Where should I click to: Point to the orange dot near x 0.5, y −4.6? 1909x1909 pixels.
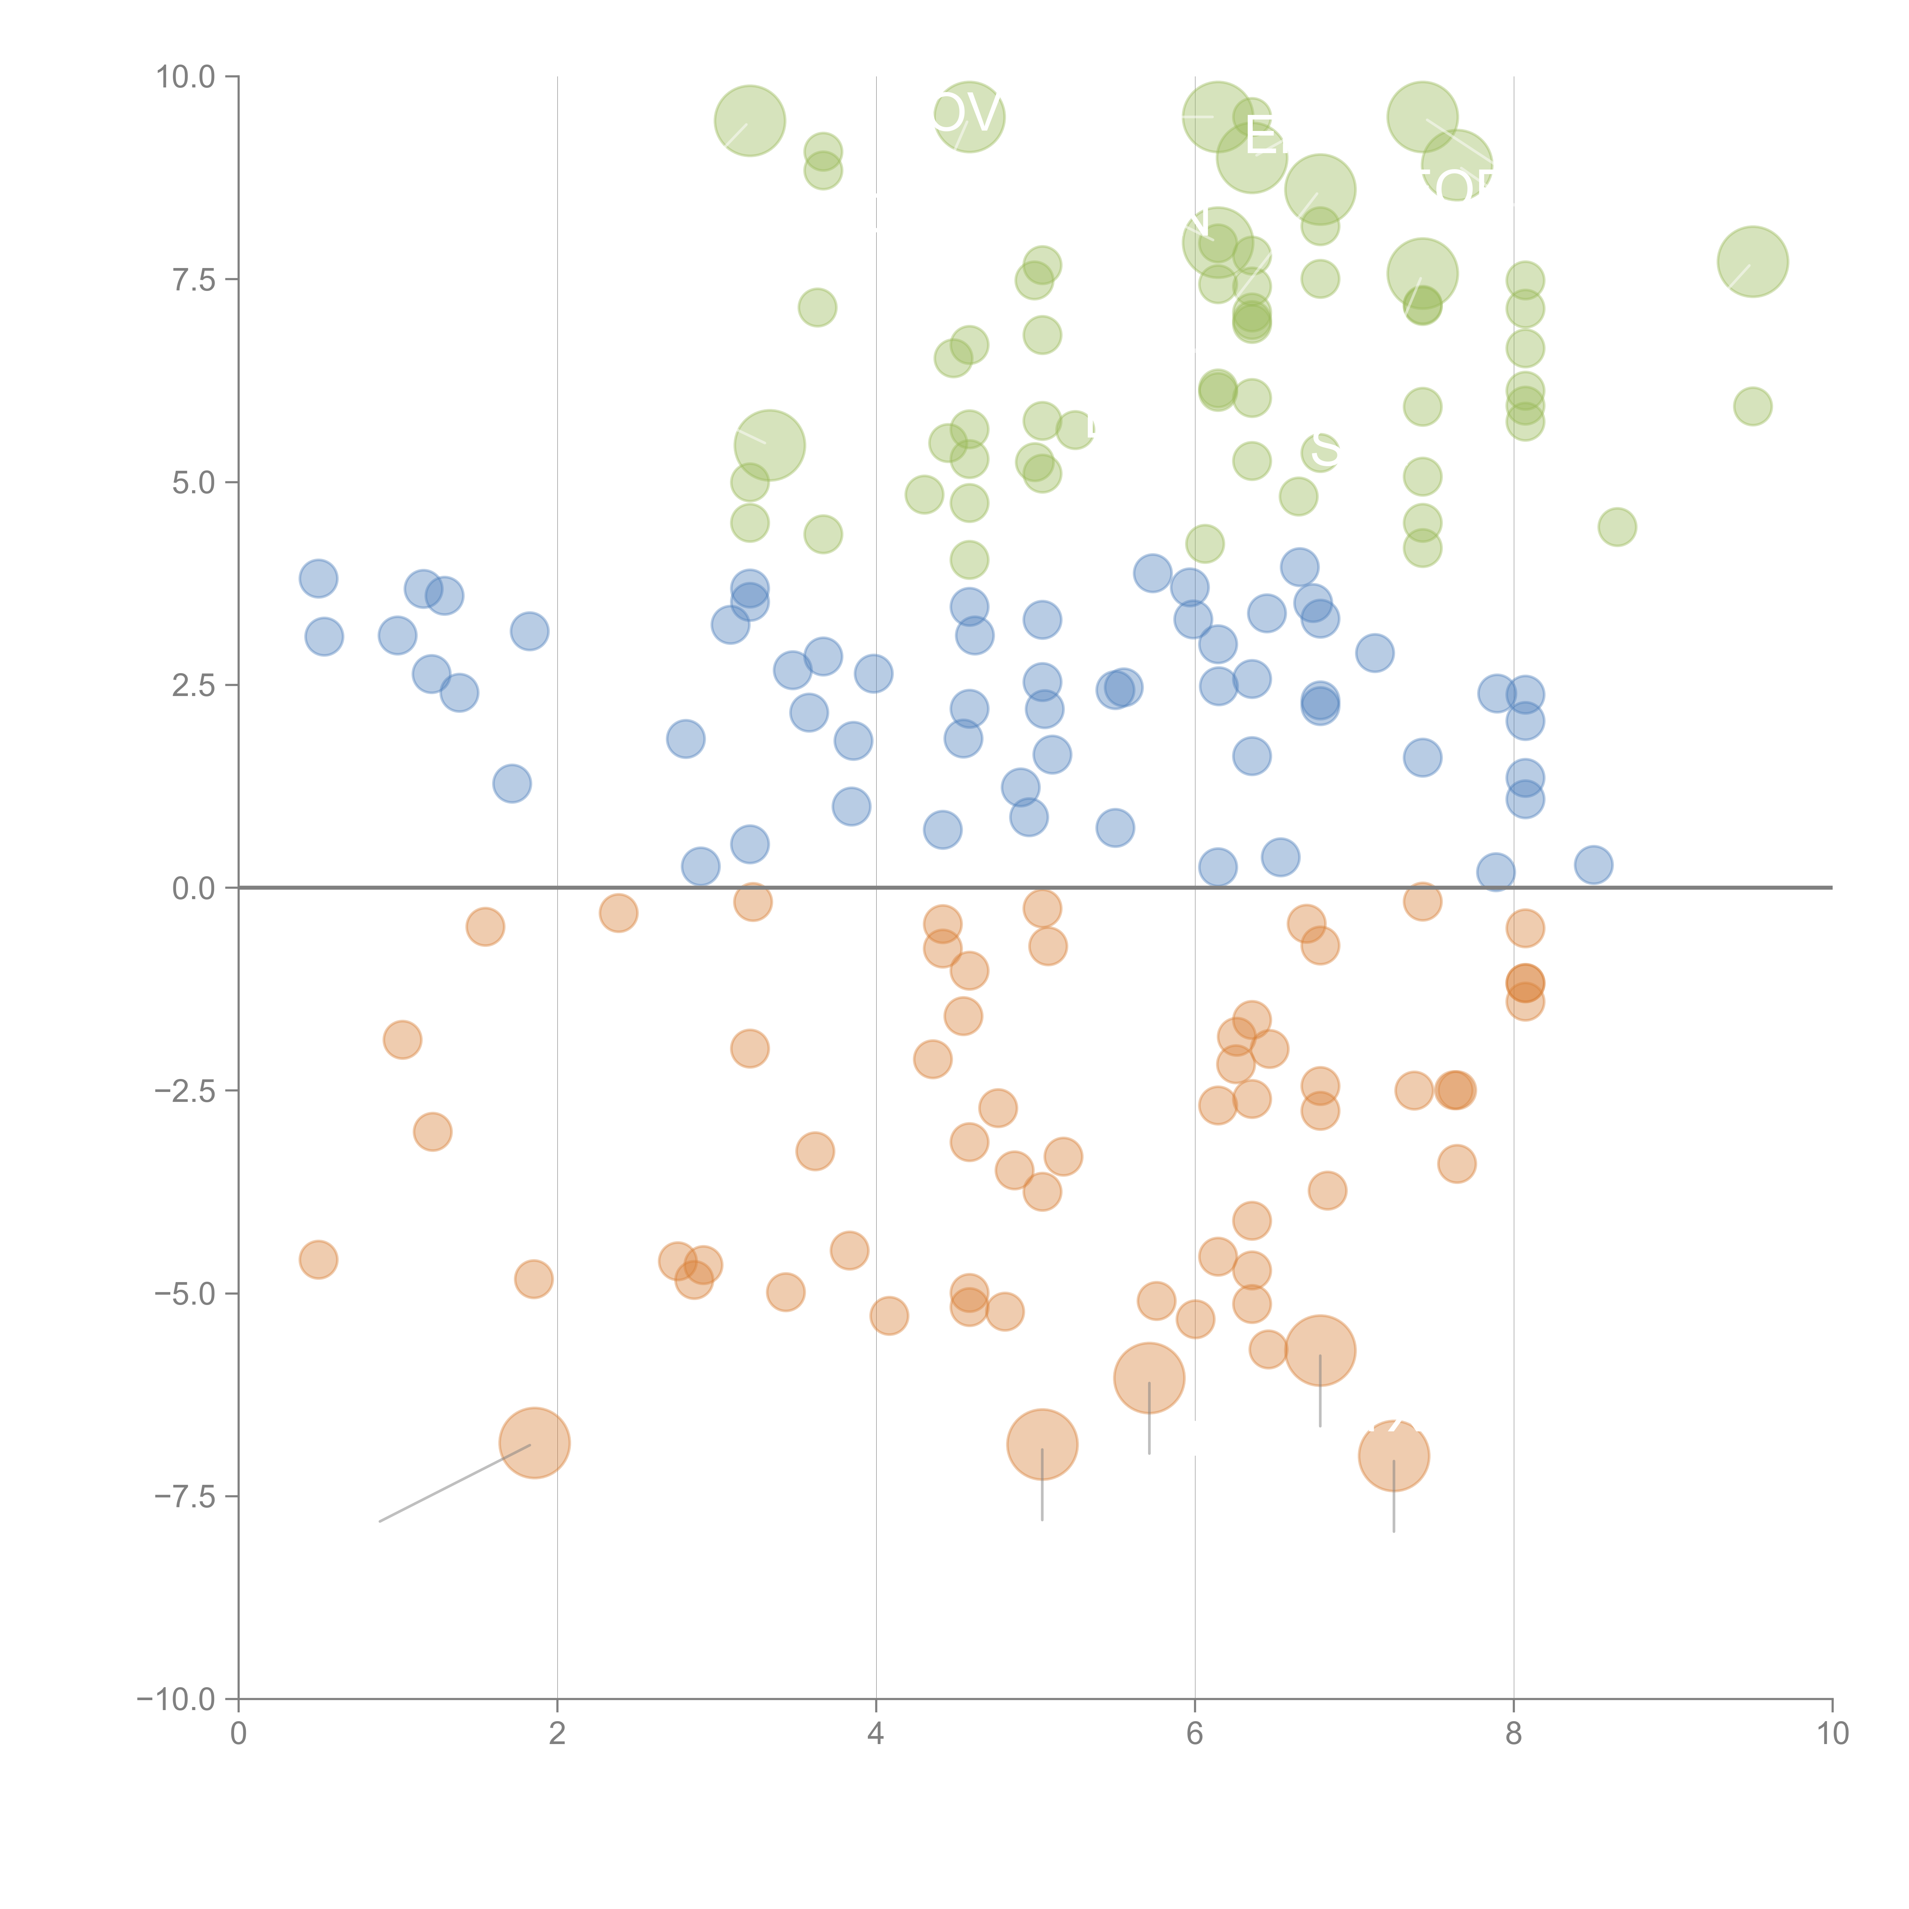tap(318, 1260)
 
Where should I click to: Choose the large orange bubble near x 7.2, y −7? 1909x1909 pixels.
tap(1393, 1455)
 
